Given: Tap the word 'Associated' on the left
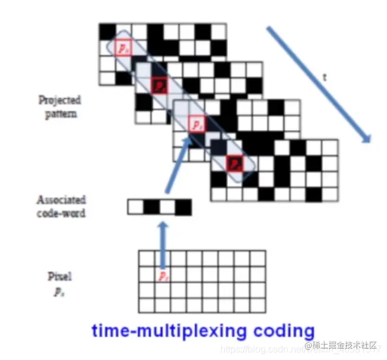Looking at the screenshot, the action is click(61, 200).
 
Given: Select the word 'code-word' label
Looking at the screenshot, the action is click(61, 212).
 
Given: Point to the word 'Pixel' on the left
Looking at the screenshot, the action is click(59, 276).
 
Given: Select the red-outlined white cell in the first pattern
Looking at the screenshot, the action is click(123, 47).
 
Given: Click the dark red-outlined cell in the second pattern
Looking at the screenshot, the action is click(158, 86).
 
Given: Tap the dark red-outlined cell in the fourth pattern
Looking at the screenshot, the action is click(234, 163).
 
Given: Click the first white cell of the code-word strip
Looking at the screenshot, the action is click(136, 207).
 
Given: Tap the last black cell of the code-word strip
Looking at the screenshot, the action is click(184, 207).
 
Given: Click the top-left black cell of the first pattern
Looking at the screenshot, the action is click(107, 31).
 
